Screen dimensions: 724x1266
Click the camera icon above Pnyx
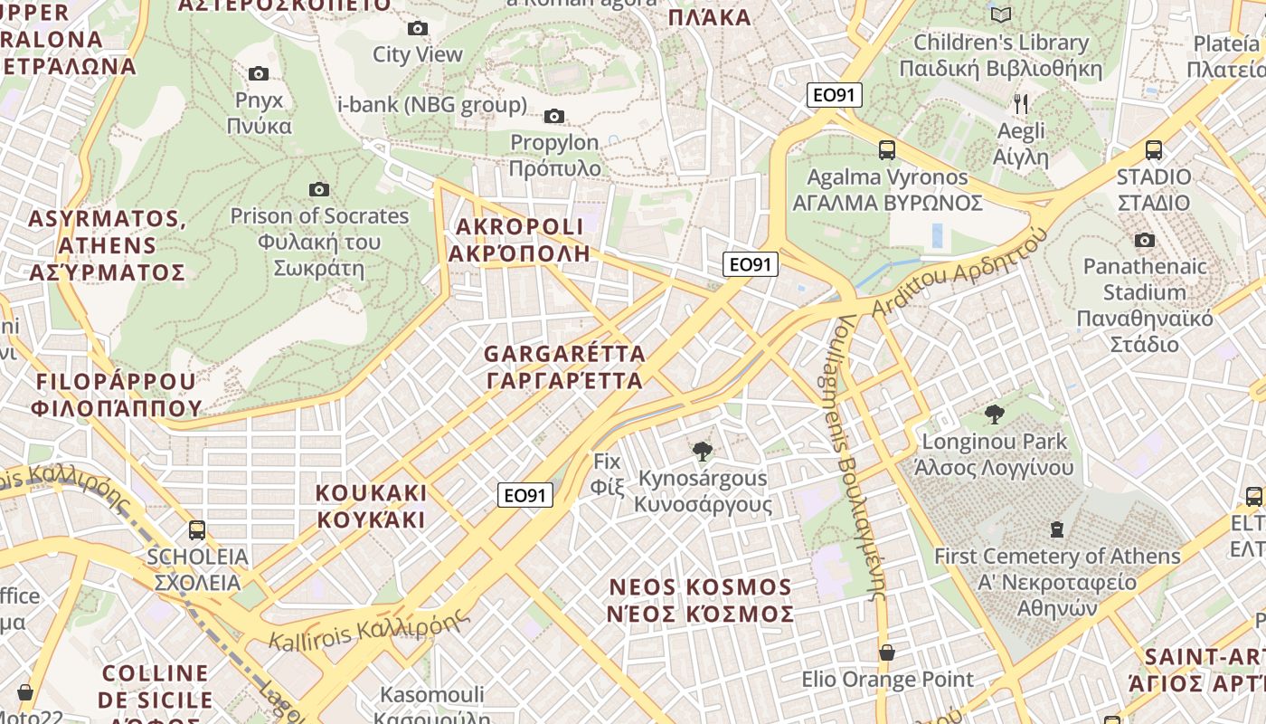point(259,73)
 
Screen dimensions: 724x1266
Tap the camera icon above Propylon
point(554,116)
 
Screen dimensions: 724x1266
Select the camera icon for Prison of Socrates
point(318,189)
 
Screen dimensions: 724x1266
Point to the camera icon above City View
point(418,28)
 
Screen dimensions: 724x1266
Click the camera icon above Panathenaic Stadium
point(1145,240)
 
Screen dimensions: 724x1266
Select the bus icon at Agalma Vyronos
point(887,150)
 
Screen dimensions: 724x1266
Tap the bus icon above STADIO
point(1154,150)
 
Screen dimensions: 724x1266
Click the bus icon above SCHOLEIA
point(197,529)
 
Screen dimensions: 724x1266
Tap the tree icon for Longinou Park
point(995,414)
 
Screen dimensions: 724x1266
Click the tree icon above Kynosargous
point(702,451)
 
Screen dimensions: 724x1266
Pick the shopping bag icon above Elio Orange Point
point(887,652)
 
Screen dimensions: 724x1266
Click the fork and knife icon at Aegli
point(1021,104)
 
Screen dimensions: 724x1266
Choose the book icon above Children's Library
point(1000,14)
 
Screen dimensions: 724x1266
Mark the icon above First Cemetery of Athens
point(1056,529)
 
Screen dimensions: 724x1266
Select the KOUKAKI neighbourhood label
point(371,506)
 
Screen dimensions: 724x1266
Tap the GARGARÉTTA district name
point(565,367)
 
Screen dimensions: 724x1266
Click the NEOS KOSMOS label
point(701,600)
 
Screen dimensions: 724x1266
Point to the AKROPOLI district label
point(520,240)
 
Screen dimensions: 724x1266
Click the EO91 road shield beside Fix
point(525,495)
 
